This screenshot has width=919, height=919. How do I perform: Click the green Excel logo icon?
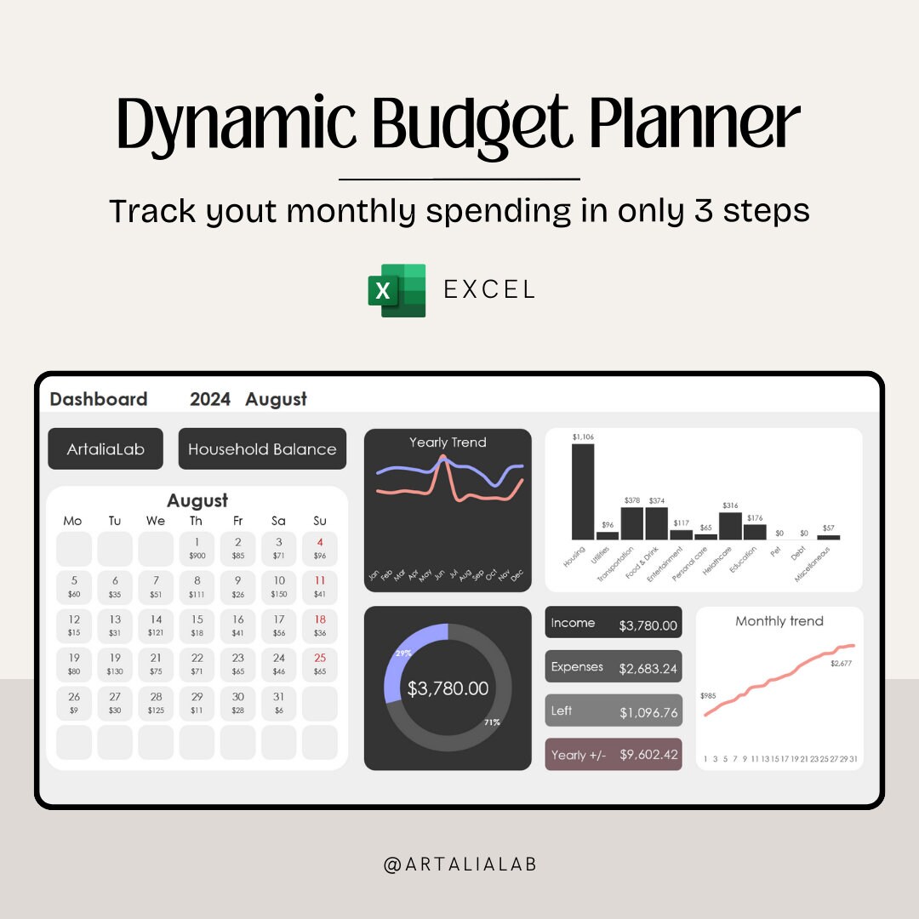(397, 290)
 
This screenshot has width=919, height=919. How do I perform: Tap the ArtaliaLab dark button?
(106, 448)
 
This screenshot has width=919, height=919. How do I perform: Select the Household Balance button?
(262, 448)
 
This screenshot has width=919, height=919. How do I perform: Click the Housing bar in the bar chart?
(583, 492)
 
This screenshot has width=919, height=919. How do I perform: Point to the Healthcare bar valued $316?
(730, 525)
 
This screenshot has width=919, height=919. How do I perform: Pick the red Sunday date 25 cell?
(320, 664)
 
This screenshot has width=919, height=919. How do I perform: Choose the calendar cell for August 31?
(279, 703)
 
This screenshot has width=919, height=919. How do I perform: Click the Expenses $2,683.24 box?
(614, 666)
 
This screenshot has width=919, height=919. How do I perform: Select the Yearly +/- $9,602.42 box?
(614, 754)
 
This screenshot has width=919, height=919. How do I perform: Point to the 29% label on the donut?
(402, 653)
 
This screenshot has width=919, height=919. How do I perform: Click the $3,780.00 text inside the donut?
(448, 688)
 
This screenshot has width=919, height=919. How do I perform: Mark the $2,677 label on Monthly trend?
(842, 663)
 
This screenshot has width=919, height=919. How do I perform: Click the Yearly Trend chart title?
(448, 442)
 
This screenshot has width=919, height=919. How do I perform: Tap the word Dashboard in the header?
(99, 399)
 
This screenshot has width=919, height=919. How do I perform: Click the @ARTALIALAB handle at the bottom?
(459, 865)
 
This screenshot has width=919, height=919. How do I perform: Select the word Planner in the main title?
(695, 125)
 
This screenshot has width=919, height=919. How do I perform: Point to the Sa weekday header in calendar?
(279, 521)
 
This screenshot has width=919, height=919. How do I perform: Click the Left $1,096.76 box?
(614, 711)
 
